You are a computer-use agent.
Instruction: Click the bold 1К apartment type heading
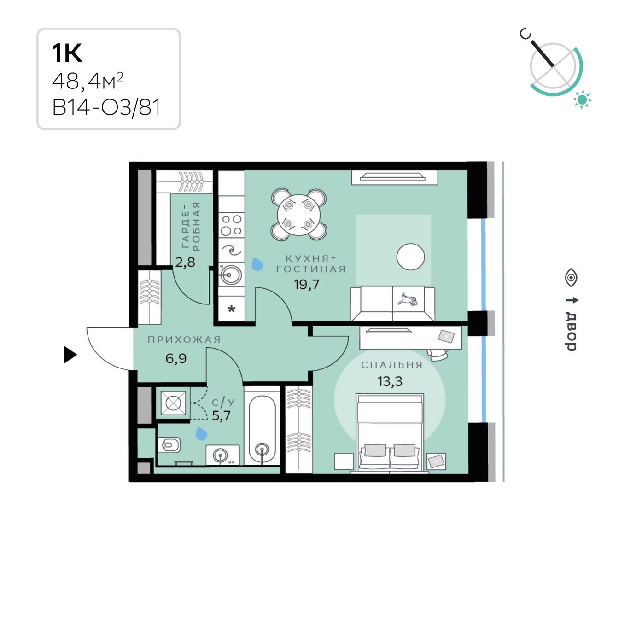tap(67, 53)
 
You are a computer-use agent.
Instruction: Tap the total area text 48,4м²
tap(88, 81)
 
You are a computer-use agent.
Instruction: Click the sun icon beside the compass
tap(582, 100)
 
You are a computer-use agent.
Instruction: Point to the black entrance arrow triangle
tap(70, 355)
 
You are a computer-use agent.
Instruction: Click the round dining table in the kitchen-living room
tap(298, 215)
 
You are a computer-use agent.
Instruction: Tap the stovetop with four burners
tap(232, 225)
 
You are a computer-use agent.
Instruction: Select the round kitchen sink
tap(231, 275)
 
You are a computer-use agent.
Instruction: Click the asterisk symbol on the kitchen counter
tap(231, 309)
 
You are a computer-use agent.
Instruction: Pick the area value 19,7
tap(306, 285)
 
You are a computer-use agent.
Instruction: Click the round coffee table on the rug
tap(410, 257)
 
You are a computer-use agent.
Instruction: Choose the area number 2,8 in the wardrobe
tap(185, 263)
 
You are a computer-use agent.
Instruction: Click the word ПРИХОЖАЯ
tap(184, 339)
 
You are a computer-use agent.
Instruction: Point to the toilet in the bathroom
tap(169, 445)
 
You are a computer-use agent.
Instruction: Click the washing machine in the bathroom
tap(173, 403)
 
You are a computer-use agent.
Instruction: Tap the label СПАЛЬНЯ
tap(392, 365)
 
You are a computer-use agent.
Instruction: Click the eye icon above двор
tap(571, 278)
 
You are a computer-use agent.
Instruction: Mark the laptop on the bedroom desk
tap(446, 337)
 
